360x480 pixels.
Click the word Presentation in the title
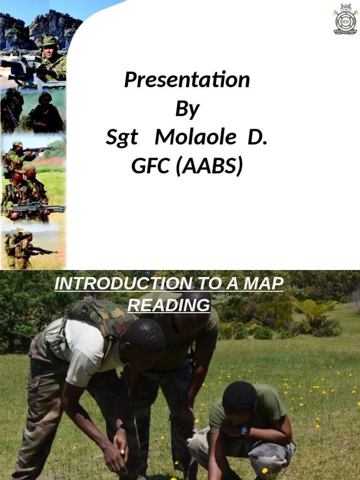pos(187,80)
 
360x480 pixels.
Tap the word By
pos(187,109)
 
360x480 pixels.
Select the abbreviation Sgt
pos(122,138)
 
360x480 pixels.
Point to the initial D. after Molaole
pos(257,138)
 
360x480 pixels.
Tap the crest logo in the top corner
pos(345,19)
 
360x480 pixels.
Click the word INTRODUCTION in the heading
pos(123,284)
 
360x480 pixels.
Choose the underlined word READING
pos(169,305)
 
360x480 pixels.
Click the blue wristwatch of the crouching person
pos(244,430)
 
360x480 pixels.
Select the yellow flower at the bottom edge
pos(265,471)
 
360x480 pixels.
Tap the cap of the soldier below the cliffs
pos(50,42)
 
